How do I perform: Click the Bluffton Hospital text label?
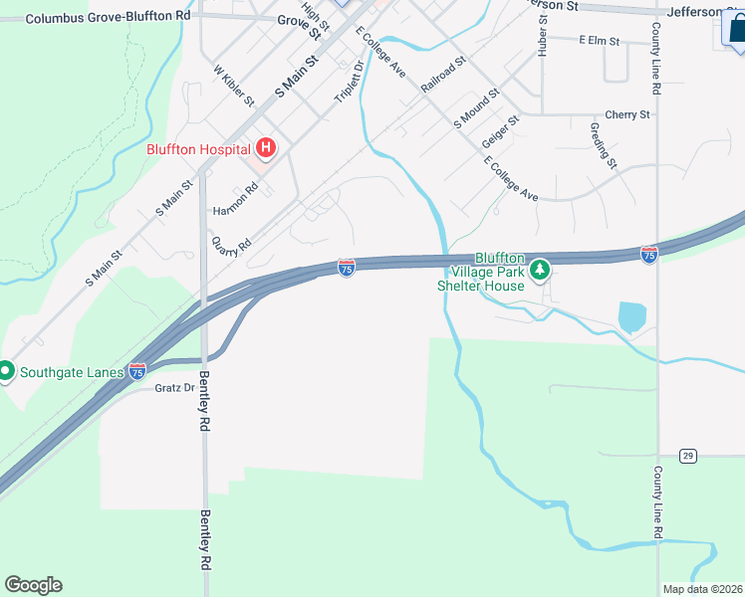click(198, 150)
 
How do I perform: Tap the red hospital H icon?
click(266, 149)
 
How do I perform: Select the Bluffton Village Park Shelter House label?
click(482, 271)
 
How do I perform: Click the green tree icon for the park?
click(539, 269)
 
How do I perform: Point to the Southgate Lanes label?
click(70, 373)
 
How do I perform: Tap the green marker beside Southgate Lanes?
click(5, 372)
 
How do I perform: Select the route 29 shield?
click(687, 456)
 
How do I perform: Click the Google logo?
click(33, 585)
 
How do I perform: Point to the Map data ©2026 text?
click(703, 589)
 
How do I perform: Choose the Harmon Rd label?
click(235, 211)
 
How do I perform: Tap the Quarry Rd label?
click(230, 247)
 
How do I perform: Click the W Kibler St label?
click(235, 87)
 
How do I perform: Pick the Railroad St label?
click(443, 75)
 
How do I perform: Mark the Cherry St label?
click(626, 115)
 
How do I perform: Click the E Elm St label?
click(599, 41)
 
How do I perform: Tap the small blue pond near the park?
click(632, 317)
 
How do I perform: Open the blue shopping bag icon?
click(736, 31)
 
